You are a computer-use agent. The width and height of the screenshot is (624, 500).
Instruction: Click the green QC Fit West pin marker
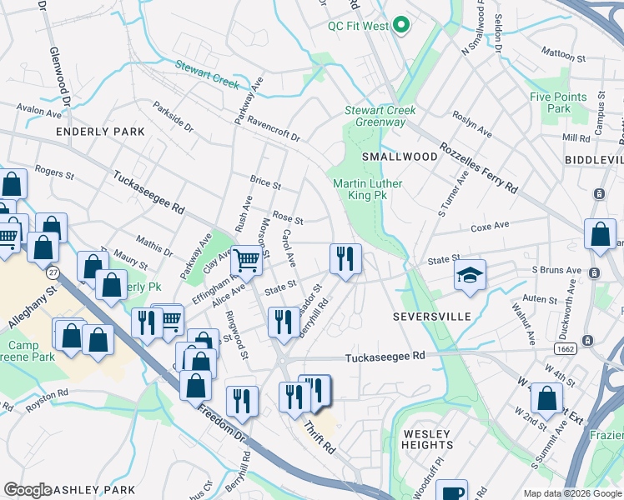pos(401,26)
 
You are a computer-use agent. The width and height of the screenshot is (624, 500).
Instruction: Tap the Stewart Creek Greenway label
pos(380,117)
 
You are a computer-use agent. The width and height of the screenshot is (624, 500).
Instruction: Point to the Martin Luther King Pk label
pos(367,189)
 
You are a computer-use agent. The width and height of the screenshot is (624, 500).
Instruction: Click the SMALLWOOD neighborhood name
pos(399,157)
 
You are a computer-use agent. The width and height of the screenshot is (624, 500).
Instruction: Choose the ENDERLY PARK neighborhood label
pos(100,132)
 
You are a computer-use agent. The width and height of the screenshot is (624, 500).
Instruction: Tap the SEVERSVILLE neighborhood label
pos(432,317)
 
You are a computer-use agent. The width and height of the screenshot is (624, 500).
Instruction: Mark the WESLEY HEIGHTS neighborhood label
pos(427,440)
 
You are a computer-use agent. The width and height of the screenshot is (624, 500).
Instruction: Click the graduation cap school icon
pos(471,274)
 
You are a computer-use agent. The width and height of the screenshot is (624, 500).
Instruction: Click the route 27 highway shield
pos(53,273)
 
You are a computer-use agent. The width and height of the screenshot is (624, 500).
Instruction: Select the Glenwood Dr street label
pos(60,83)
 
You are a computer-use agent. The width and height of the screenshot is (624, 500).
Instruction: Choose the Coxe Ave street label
pos(490,226)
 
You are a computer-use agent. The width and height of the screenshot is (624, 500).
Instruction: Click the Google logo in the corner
pos(27,491)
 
